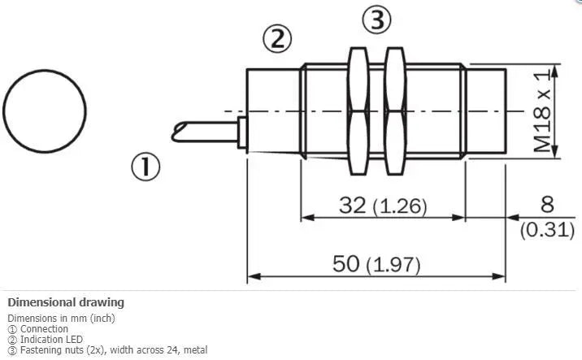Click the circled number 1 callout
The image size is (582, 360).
[x=145, y=167]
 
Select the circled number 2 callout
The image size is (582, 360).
[x=278, y=38]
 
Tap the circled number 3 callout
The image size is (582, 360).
[x=376, y=20]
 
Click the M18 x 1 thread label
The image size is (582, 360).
[x=542, y=111]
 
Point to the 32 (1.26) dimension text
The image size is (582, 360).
[x=383, y=206]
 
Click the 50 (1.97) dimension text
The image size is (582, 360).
[x=376, y=264]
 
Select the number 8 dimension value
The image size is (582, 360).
[x=548, y=205]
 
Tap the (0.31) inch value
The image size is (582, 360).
[x=547, y=230]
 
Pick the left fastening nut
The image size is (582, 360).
[x=358, y=111]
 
